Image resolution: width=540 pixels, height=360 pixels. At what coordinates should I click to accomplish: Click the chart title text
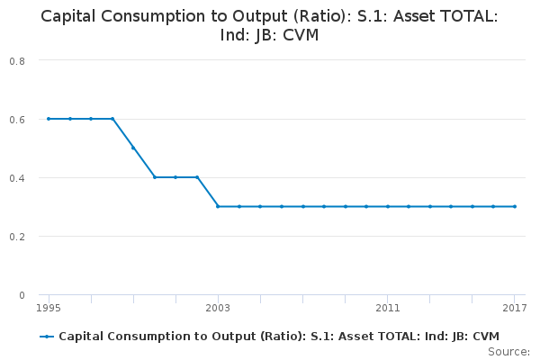tap(269, 25)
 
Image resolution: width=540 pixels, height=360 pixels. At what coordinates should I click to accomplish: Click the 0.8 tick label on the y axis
tap(17, 60)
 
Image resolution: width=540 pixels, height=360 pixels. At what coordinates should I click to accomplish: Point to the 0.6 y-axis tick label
tap(17, 119)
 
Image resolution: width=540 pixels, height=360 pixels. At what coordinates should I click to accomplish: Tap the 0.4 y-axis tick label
tap(17, 177)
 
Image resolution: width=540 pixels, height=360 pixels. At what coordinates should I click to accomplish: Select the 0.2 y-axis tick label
tap(17, 236)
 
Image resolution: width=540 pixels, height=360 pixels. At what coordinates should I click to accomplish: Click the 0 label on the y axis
tap(22, 294)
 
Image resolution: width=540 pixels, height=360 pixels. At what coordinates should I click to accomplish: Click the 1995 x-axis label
tap(49, 308)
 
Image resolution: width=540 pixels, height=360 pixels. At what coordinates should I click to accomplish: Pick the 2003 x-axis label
tap(218, 308)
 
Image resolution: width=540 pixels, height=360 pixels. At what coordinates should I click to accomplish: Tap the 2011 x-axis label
tap(388, 308)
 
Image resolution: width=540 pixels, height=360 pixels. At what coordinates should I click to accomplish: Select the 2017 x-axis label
tap(514, 308)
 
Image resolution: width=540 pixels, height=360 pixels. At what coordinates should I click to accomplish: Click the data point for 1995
tap(49, 119)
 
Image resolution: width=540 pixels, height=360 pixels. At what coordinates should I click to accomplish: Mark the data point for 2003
tap(218, 206)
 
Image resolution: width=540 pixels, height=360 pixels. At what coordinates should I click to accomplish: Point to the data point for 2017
tap(515, 206)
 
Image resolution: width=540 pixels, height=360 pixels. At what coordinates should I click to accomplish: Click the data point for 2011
tap(388, 206)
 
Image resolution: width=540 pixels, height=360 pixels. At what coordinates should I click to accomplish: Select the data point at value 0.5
tap(133, 148)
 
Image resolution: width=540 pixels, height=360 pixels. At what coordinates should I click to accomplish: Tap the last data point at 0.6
tap(112, 119)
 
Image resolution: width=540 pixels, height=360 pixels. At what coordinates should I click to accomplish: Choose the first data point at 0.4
tap(155, 177)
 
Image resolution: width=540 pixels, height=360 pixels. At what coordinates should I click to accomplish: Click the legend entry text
tap(278, 337)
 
